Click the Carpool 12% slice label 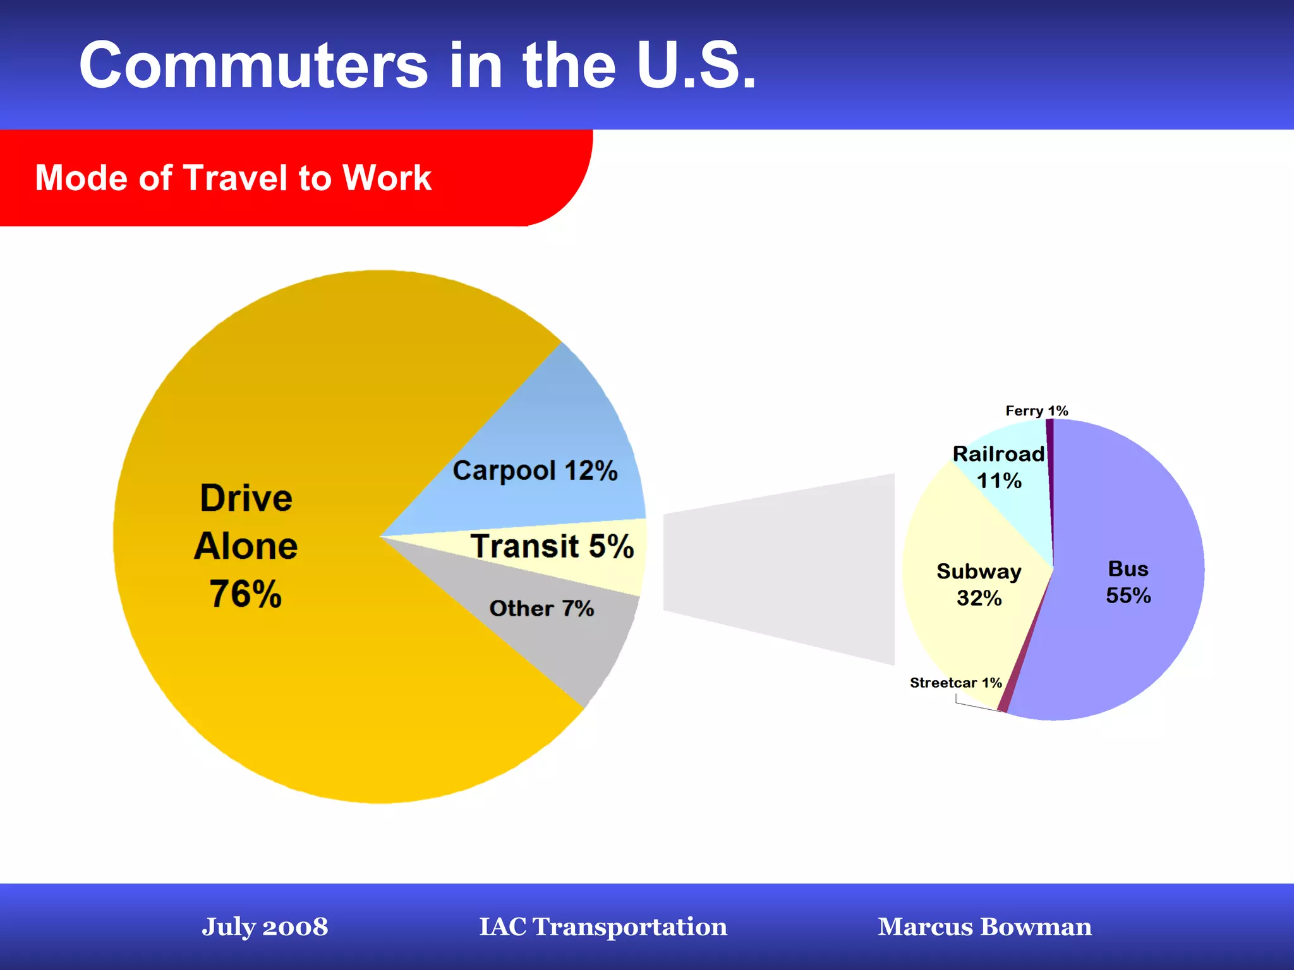coord(535,471)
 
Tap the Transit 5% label coord(552,546)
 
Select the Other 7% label coord(541,608)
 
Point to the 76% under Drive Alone coord(245,594)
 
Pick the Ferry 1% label coord(1036,411)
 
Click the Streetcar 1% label coord(955,683)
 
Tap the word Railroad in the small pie coord(998,454)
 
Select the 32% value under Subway coord(979,598)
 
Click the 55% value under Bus coord(1128,596)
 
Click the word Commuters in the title coord(253,66)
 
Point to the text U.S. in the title coord(696,66)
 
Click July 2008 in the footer coord(265,926)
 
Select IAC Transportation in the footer coord(603,926)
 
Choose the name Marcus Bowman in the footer coord(984,926)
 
